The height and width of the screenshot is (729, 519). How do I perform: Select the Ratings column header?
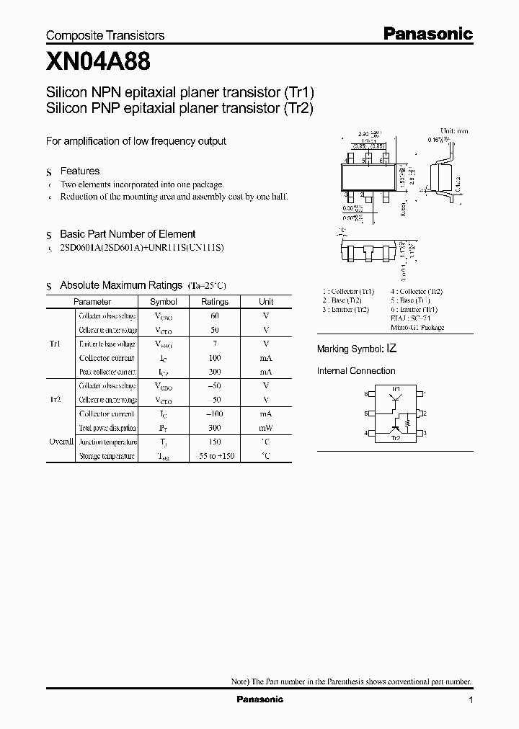[214, 302]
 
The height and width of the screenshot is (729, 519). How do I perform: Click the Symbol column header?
[163, 302]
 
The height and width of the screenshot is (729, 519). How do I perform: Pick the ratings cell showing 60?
[214, 316]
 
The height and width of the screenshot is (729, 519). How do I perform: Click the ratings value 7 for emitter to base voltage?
[214, 344]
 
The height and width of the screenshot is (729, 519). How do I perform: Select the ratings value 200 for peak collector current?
[214, 372]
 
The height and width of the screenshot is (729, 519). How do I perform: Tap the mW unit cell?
[266, 427]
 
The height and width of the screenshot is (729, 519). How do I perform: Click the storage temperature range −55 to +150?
[214, 455]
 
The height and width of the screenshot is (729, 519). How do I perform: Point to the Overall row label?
[61, 441]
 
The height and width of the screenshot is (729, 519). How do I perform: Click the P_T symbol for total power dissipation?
[163, 427]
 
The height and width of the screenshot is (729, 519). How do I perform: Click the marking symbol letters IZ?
[391, 348]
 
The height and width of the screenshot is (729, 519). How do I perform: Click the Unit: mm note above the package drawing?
[453, 131]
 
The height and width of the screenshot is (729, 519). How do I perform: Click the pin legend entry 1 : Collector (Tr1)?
[348, 292]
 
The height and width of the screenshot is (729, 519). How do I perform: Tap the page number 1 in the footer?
[471, 700]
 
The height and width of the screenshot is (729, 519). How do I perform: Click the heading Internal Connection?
[356, 371]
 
